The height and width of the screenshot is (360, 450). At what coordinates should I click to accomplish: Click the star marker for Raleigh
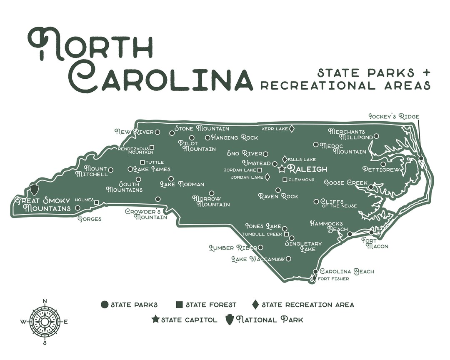282,169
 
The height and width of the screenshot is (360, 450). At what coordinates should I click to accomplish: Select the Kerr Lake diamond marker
292,129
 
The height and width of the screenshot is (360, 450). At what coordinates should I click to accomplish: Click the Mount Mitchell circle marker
110,170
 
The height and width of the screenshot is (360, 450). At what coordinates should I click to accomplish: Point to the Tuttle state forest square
142,162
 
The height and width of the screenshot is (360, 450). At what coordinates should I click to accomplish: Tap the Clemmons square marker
285,180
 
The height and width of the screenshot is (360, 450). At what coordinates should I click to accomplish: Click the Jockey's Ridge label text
394,116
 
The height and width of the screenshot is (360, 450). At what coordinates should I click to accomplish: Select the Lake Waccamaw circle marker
288,259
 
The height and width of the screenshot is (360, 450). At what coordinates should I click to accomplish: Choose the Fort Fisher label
333,279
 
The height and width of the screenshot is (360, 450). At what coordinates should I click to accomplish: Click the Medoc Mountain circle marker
316,145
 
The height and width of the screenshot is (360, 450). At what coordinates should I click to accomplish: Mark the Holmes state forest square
97,202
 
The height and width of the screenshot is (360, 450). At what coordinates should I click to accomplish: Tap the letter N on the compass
45,301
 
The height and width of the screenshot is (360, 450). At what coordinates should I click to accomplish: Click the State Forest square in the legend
179,305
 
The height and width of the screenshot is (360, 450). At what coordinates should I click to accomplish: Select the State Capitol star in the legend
155,320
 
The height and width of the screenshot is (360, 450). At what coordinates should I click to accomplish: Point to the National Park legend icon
229,320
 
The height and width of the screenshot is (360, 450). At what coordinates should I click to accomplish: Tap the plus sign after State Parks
425,72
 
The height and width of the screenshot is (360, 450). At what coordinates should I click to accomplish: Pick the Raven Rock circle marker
278,190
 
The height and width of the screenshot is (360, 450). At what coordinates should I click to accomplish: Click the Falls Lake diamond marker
284,159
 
